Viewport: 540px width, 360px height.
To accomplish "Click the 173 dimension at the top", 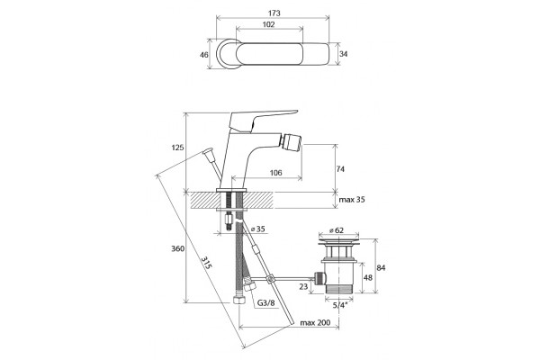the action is [274, 13].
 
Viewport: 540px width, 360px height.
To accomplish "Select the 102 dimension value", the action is [268, 24].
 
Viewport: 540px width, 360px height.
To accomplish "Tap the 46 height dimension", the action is [204, 54].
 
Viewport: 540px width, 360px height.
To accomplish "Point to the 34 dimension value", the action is [344, 54].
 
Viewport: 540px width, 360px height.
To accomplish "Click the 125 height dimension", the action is [177, 148].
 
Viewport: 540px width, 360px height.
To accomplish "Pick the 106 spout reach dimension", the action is [275, 173].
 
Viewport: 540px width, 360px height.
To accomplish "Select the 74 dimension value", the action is [340, 169].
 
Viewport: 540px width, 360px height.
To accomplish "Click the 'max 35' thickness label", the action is [352, 200].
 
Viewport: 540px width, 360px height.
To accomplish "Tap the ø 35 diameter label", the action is [258, 229].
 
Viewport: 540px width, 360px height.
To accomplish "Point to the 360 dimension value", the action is [178, 248].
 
